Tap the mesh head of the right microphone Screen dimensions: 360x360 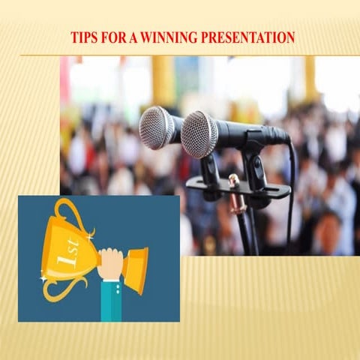(199, 133)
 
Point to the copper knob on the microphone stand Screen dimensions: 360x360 (233, 180)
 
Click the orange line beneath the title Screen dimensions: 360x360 (180, 55)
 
